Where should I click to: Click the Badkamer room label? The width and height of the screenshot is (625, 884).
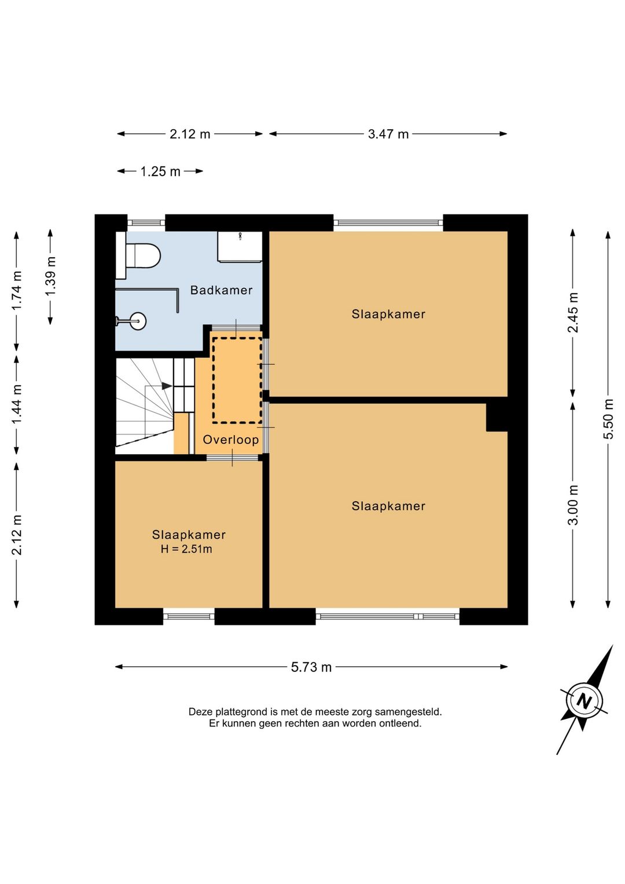coord(221,290)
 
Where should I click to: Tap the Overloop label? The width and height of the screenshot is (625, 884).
coord(231,440)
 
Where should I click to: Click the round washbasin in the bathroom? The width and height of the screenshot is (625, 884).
coord(136,321)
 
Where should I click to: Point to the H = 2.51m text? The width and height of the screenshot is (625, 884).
coord(186,549)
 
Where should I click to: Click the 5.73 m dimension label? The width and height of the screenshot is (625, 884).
coord(311,667)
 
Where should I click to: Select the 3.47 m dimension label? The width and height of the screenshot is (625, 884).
coord(388,134)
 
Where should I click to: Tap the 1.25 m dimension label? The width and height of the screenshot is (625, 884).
coord(160,171)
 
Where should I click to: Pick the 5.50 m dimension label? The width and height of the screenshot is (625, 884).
coord(608,419)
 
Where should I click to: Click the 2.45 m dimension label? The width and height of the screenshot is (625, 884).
coord(572,313)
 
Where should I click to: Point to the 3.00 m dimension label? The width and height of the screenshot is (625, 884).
coord(572,505)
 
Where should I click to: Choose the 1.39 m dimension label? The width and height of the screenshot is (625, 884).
coord(50,276)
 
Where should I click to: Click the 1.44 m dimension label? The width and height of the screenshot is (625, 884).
coord(17,404)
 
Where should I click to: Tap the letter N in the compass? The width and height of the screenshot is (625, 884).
coord(584,702)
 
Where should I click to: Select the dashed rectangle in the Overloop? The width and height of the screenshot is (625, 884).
coord(237,380)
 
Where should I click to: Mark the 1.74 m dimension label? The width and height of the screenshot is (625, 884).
coord(17,291)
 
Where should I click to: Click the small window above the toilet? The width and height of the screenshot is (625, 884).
coord(146,222)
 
